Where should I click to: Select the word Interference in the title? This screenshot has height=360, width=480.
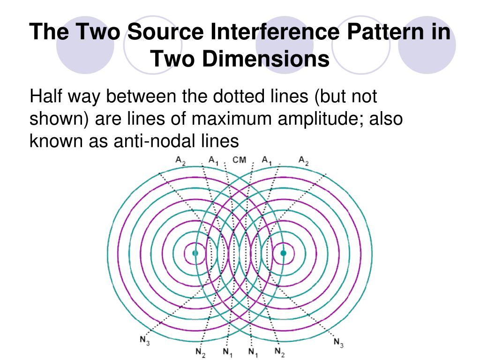(x=276, y=32)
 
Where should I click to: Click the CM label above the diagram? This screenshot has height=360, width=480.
(x=239, y=160)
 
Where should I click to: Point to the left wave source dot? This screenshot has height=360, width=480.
(x=195, y=253)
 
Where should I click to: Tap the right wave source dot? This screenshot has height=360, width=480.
(x=283, y=253)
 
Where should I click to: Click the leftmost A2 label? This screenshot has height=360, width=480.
(x=180, y=160)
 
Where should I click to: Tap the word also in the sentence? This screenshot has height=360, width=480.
(x=385, y=119)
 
